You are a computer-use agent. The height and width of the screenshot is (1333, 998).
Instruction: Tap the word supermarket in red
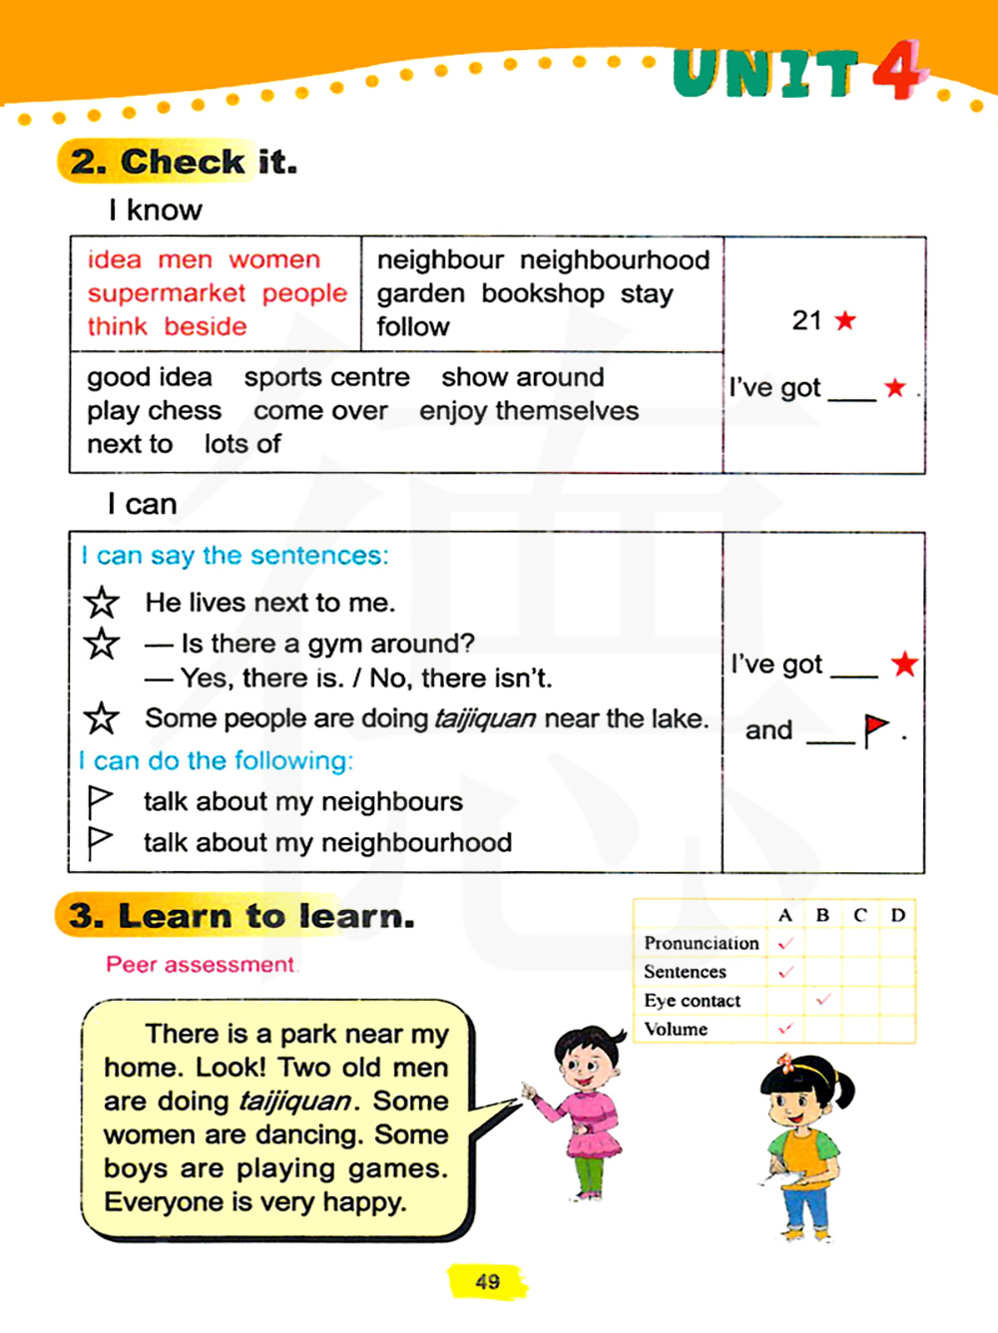166,293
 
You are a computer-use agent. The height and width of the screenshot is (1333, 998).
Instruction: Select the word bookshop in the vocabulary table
542,293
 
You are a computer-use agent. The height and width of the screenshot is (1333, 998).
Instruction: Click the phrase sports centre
326,377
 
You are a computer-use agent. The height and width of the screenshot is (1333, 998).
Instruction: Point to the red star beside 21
845,320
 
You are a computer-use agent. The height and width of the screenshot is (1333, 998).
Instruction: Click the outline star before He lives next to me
101,603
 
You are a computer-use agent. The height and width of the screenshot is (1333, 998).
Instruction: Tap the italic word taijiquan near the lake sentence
484,718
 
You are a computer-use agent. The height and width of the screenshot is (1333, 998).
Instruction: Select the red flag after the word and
875,729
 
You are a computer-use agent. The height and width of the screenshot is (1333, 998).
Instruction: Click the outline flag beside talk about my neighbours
100,801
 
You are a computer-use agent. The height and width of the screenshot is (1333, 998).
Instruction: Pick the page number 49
487,1282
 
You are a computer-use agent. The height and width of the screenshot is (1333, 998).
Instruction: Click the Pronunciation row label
701,943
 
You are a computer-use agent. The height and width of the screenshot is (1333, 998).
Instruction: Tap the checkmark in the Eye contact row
823,999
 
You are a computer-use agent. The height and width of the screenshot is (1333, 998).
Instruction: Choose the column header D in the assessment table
897,915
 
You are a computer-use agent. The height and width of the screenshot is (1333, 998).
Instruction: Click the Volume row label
676,1029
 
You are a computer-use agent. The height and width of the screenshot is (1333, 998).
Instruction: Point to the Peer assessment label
200,965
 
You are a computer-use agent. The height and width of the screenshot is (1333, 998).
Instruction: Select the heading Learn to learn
265,916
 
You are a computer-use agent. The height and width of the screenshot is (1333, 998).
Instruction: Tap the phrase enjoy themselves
529,411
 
